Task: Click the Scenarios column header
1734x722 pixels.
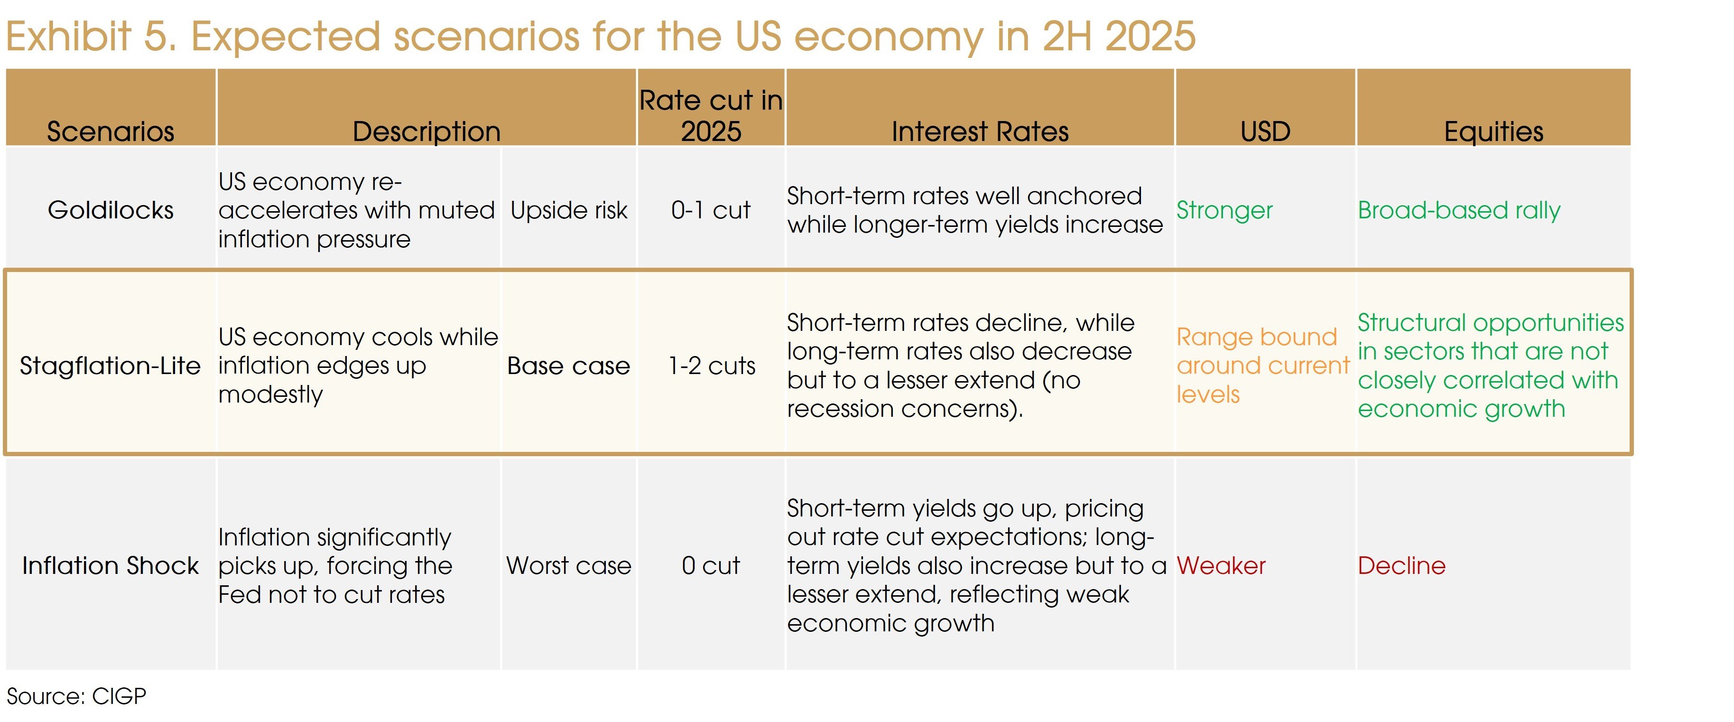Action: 111,131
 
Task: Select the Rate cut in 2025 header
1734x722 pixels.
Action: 711,115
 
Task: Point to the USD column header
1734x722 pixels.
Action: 1265,131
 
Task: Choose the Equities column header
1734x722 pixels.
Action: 1493,131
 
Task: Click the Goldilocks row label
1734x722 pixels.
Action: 111,210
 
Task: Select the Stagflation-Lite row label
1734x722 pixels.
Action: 111,366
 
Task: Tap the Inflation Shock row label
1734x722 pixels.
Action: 111,566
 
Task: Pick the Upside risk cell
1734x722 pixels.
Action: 569,210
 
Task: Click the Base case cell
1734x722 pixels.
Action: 569,366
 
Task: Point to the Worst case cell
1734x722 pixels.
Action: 569,566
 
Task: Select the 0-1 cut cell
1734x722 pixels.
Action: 711,210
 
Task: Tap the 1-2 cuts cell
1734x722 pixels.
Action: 712,366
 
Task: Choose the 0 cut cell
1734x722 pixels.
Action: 711,566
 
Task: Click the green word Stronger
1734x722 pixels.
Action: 1224,210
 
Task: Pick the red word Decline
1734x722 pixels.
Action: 1401,566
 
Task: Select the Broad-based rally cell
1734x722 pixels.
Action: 1459,210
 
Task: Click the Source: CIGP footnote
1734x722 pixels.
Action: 76,696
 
